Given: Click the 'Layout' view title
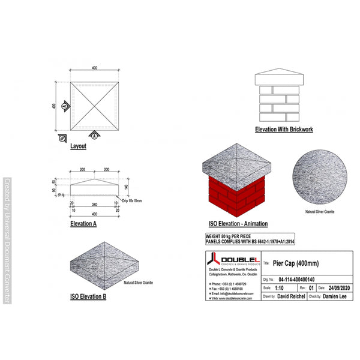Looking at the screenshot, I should [x=78, y=146].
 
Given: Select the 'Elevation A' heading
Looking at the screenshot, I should [x=83, y=223].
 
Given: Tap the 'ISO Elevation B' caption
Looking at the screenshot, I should [x=88, y=296].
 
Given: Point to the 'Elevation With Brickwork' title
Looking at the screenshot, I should [x=284, y=129].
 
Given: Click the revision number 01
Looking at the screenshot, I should [x=311, y=287].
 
